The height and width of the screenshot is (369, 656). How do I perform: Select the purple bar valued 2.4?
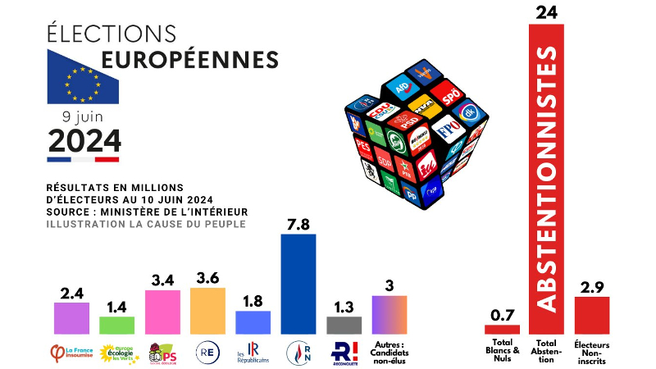(x=71, y=318)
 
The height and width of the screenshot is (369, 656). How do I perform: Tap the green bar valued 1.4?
(x=116, y=325)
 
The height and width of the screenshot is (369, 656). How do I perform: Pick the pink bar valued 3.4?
(x=162, y=312)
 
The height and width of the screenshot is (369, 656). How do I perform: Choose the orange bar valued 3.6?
(x=207, y=311)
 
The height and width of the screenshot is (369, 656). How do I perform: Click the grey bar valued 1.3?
(x=344, y=325)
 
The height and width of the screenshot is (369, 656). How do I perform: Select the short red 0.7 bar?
(x=502, y=329)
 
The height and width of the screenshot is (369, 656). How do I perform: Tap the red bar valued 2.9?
(x=591, y=316)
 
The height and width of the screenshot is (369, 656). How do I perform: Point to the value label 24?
(x=546, y=12)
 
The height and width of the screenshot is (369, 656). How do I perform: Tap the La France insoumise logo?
(x=70, y=353)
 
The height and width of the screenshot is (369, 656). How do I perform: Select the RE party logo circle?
(x=207, y=353)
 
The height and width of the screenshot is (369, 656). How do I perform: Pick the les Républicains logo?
(x=252, y=353)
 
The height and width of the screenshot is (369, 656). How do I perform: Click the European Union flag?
(x=83, y=77)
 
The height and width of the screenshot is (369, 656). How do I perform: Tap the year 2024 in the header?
(x=84, y=140)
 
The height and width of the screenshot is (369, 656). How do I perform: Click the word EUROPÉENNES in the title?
(x=189, y=60)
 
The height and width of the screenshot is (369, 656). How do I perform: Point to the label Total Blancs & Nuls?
(x=502, y=349)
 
